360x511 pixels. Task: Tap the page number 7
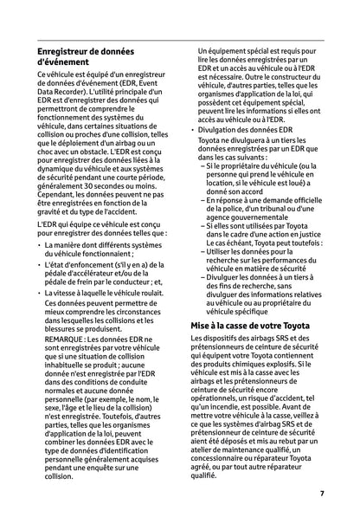321,493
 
